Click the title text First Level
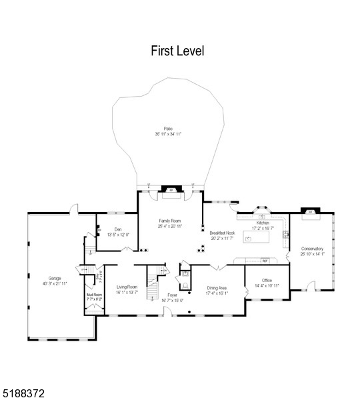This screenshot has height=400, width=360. [x=177, y=51]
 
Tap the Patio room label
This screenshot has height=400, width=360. [x=168, y=129]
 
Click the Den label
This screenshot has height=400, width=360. [x=118, y=229]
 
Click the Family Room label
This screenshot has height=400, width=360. [x=170, y=221]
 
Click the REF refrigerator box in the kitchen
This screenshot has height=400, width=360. [x=265, y=261]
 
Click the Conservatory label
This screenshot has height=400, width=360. [x=312, y=249]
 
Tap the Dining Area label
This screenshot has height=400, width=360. [x=217, y=288]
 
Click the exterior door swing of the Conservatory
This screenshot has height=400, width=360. [x=309, y=286]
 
